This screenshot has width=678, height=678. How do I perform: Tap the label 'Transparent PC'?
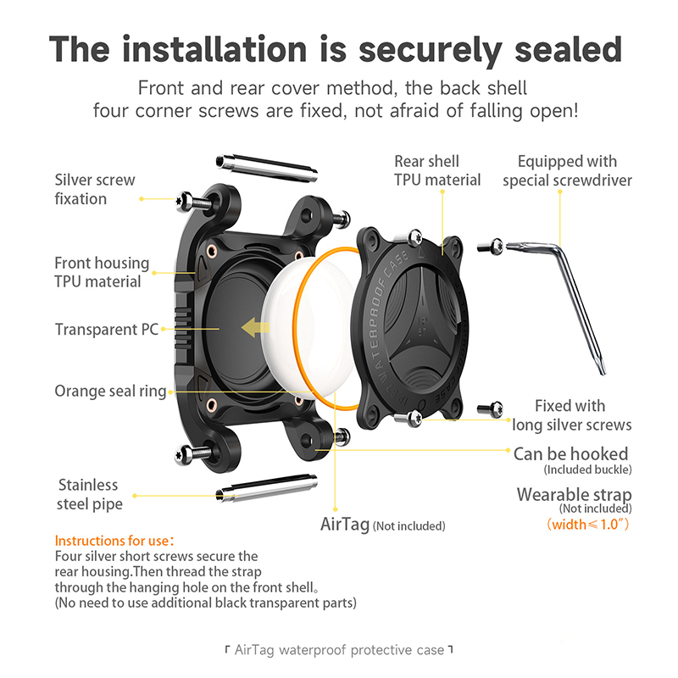[107, 330]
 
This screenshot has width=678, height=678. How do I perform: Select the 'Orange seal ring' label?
[110, 391]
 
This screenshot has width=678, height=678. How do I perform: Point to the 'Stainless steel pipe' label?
[90, 494]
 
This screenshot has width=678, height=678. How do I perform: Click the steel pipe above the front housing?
[267, 167]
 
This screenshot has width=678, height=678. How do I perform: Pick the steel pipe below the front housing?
[267, 489]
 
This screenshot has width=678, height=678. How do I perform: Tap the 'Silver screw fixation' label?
[95, 189]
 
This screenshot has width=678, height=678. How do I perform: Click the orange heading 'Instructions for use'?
[114, 541]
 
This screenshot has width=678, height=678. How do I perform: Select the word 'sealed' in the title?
[568, 49]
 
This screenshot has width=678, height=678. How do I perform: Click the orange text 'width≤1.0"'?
[588, 524]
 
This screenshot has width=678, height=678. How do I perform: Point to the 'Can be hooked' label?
[570, 454]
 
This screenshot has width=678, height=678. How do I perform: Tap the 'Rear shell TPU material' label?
[437, 170]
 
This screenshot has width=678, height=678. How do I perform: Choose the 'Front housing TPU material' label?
[102, 272]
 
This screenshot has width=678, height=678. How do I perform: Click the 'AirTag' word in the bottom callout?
[345, 524]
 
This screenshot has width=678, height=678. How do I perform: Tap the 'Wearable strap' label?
[575, 494]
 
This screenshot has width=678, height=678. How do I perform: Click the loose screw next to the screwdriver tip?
[491, 247]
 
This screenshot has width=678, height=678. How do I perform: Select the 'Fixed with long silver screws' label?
[571, 415]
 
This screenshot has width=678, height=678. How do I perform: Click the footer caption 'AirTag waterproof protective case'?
[339, 650]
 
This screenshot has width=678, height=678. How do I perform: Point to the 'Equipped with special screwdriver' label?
[567, 170]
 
